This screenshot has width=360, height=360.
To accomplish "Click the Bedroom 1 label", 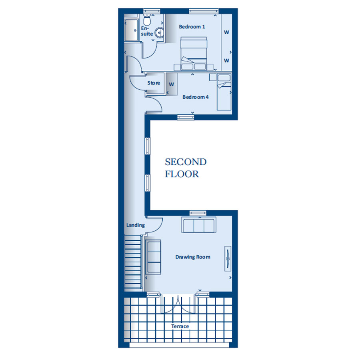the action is point(192,27).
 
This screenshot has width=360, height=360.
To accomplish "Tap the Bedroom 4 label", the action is point(195,97).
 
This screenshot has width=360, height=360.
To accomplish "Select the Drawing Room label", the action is point(193,257).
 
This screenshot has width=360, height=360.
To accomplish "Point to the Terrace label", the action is point(180,326).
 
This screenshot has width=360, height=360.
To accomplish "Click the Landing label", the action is point(136,225).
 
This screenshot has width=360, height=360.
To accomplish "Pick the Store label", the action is point(154,83).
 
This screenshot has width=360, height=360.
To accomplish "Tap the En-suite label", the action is point(147,31).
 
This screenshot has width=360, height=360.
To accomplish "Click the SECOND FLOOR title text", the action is point(186,168).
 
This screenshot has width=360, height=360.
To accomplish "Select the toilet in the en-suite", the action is point(147,20).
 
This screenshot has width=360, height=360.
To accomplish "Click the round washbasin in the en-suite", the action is point(159,33).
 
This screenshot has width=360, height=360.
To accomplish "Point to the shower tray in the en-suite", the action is point(131,30).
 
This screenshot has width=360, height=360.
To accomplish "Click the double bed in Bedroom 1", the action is point(194,54).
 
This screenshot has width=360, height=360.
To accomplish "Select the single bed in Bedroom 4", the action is point(224,92).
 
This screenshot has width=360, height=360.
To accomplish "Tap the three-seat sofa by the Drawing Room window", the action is point(199,224).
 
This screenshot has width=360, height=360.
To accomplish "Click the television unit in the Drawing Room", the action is point(228,259).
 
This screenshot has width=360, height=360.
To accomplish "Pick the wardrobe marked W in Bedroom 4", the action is point(172,84).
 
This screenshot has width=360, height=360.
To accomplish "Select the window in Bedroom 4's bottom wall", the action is point(186,117).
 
